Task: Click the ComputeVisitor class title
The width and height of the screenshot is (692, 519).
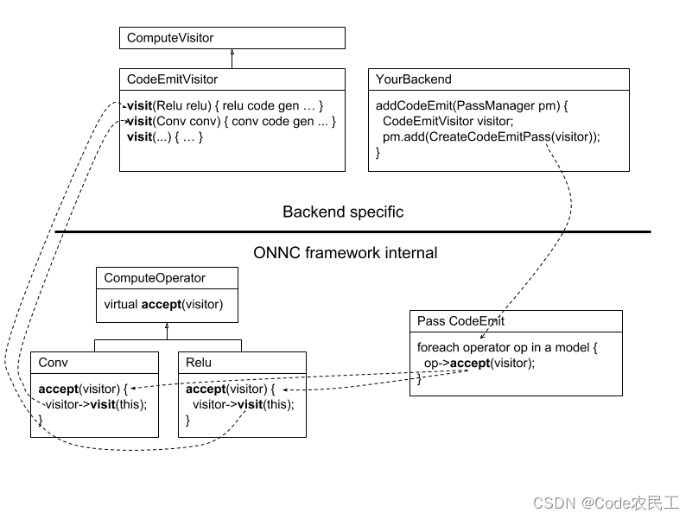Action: tap(170, 38)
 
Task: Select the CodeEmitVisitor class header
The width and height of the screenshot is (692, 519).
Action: tap(172, 79)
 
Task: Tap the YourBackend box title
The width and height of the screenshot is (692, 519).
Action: tap(413, 79)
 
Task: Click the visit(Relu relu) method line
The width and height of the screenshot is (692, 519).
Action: tap(225, 105)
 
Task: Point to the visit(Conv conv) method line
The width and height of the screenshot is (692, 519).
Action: tap(231, 121)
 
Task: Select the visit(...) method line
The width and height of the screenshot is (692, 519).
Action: tap(164, 136)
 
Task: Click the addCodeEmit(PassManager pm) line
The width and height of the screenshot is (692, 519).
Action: tap(472, 105)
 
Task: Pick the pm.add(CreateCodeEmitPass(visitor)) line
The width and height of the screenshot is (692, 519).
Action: tap(490, 136)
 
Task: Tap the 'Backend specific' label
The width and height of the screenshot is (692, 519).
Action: tap(343, 212)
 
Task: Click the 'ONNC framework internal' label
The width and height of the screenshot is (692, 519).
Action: tap(346, 253)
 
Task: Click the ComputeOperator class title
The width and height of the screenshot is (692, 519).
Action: tap(155, 278)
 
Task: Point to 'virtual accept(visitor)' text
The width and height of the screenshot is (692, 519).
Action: tap(163, 304)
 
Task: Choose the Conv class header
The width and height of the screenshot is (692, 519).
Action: tap(54, 363)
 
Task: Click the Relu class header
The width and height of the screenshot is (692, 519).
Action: tap(199, 363)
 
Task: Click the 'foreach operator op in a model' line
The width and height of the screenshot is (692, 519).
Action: tap(506, 347)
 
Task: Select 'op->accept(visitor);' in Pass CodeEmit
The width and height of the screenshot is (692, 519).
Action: tap(479, 363)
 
